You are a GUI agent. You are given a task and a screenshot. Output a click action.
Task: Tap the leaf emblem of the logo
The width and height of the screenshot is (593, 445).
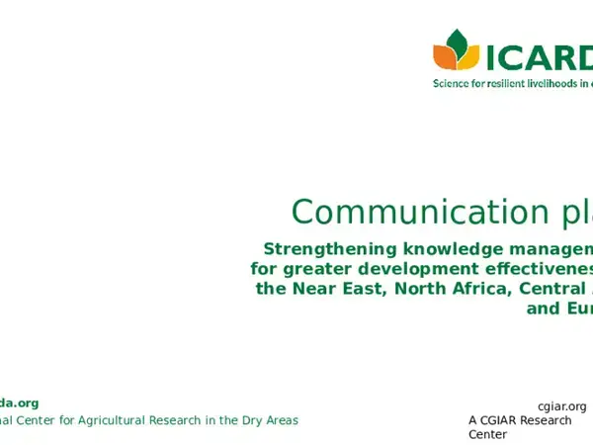pyautogui.click(x=456, y=49)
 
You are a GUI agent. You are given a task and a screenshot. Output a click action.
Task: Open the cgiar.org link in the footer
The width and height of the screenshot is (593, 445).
pyautogui.click(x=561, y=406)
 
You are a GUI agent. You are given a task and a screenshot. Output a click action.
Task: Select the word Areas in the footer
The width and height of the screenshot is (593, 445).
pyautogui.click(x=282, y=420)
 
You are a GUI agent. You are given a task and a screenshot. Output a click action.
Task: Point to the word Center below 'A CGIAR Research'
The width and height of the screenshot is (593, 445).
pyautogui.click(x=488, y=434)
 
